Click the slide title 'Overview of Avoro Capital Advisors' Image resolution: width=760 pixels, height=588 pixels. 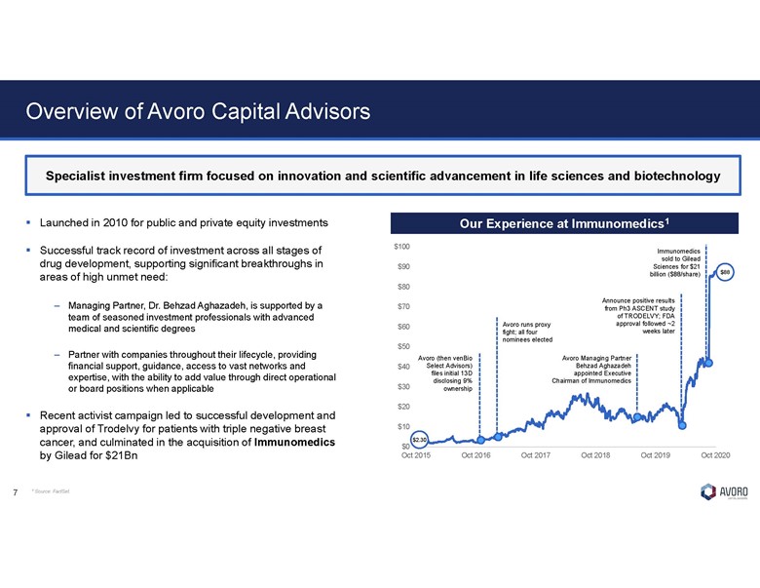point(197,111)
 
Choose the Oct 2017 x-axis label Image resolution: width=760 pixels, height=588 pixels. point(536,455)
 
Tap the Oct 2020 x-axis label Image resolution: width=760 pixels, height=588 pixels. point(715,455)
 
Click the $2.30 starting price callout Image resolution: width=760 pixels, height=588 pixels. point(420,438)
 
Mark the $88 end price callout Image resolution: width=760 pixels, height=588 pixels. point(725,272)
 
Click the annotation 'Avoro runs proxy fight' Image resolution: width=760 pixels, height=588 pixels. point(527,332)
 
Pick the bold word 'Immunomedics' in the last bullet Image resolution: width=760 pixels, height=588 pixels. point(291,443)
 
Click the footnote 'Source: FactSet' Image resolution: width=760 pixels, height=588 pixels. point(50,491)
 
